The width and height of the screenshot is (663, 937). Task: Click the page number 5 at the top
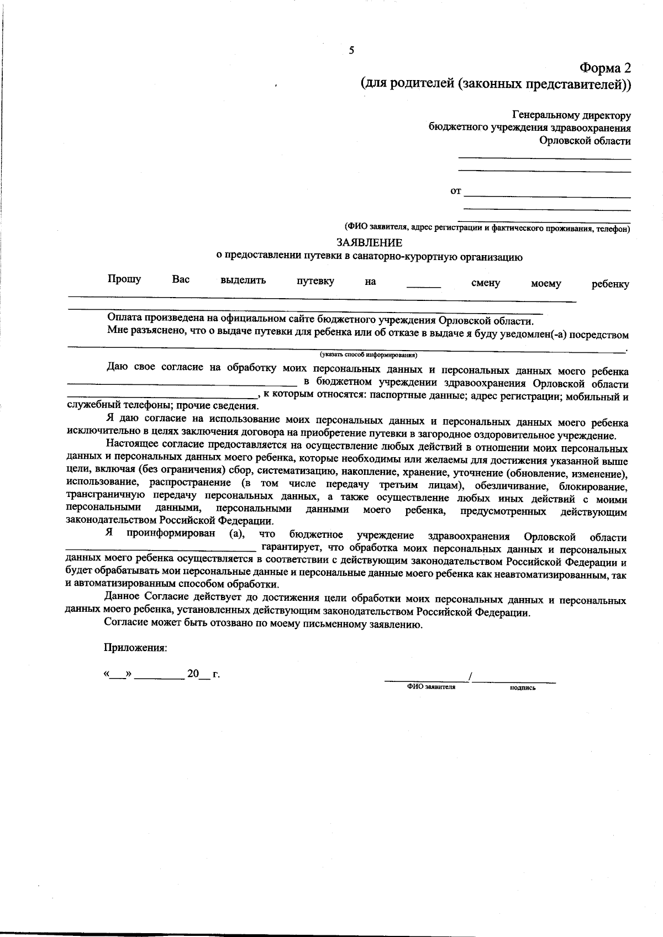(351, 51)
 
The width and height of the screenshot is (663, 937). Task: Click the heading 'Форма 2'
(604, 68)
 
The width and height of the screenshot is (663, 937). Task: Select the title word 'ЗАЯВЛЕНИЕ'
(370, 242)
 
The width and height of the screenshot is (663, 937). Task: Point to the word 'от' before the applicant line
(455, 191)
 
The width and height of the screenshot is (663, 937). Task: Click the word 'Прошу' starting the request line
(124, 279)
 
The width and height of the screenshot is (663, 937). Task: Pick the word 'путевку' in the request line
(315, 281)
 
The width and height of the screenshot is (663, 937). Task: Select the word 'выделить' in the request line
(243, 280)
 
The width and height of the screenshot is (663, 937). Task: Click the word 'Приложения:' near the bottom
(135, 648)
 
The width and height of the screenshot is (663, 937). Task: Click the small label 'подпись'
(523, 688)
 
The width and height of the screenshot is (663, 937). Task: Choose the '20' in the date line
(193, 673)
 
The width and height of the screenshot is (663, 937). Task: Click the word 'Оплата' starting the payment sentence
(125, 318)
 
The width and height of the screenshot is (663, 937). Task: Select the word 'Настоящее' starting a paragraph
(131, 443)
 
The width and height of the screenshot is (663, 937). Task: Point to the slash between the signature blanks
(470, 676)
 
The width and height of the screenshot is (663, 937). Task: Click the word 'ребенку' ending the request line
(610, 284)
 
